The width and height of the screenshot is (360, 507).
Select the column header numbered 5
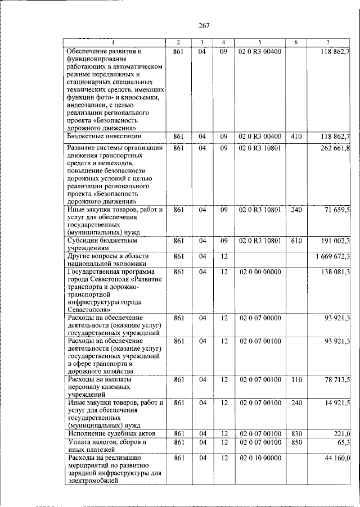[x=260, y=43]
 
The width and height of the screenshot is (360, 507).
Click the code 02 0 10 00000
[x=260, y=459]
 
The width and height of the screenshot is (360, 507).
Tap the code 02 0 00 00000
[x=260, y=272]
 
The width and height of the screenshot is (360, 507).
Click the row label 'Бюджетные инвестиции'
[x=103, y=137]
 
